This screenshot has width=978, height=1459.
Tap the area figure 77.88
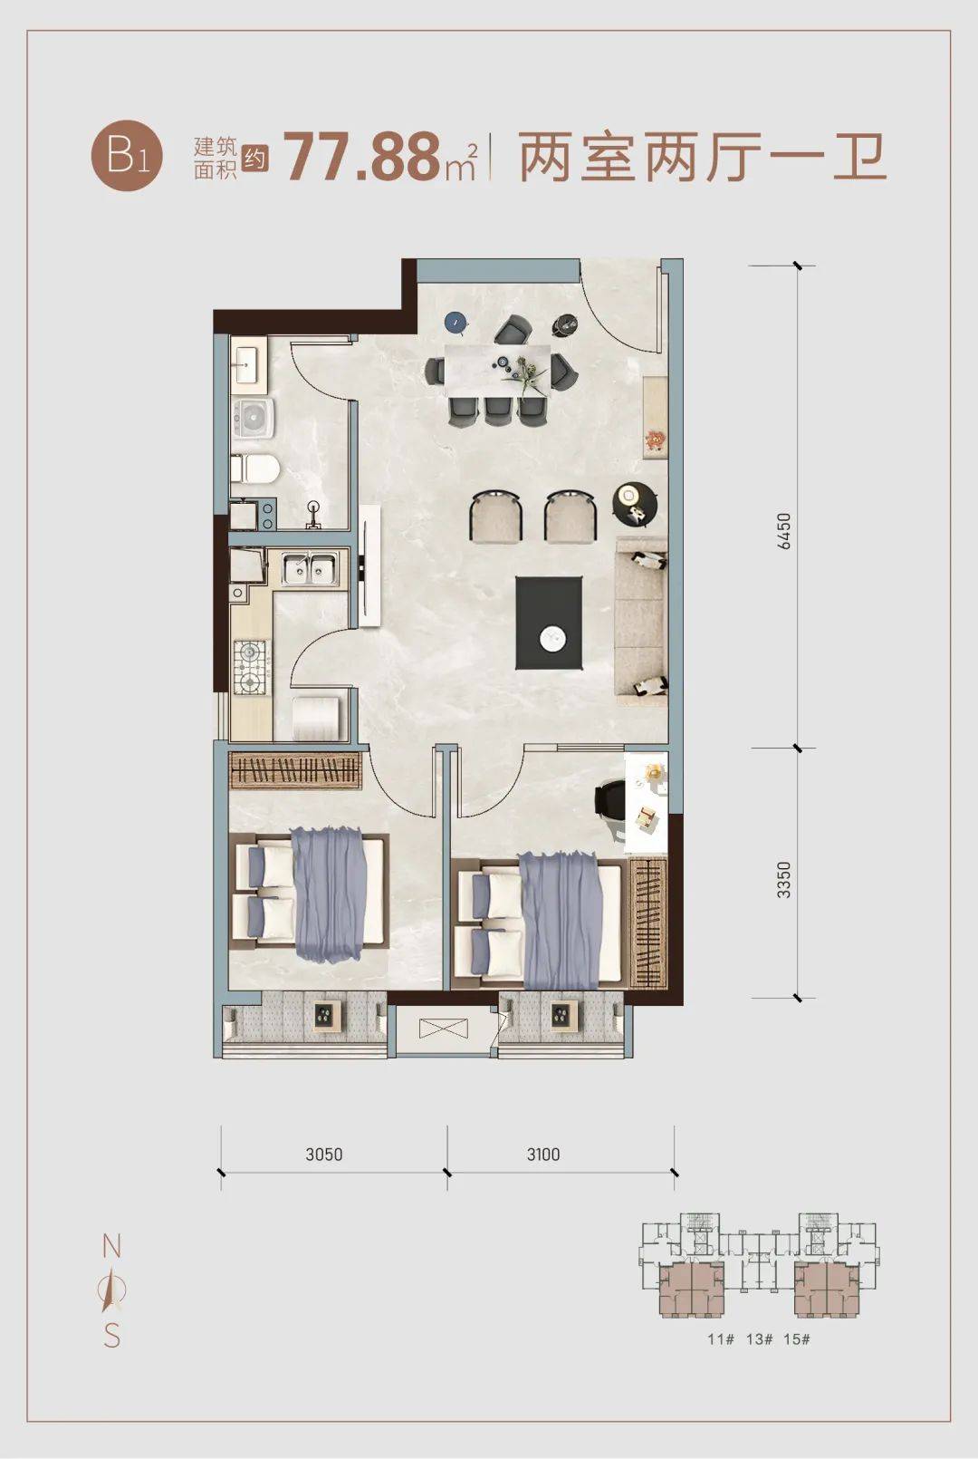click(x=362, y=158)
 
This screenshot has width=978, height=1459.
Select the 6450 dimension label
click(x=784, y=531)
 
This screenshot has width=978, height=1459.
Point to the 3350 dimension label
click(x=784, y=880)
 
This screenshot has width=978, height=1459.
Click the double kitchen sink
click(x=311, y=568)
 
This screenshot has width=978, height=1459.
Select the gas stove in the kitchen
click(x=251, y=666)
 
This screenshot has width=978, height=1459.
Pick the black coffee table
click(x=549, y=623)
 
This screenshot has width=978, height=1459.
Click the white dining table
click(x=498, y=370)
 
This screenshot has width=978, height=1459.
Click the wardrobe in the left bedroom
click(x=295, y=771)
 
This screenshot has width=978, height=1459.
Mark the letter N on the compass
click(x=112, y=1247)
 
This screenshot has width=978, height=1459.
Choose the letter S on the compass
click(x=112, y=1337)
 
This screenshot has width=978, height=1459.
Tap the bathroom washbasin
click(x=246, y=366)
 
